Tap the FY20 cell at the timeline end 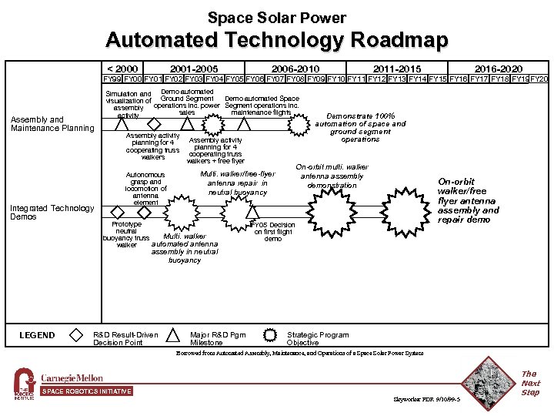[539, 79]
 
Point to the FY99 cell [113, 79]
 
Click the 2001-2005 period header [194, 69]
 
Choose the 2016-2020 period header [499, 69]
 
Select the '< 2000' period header [122, 69]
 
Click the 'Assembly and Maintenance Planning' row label [52, 124]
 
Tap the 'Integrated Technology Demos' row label [52, 212]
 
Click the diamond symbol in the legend [76, 335]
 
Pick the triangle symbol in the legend [174, 335]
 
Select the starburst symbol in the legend [269, 335]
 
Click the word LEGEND [37, 335]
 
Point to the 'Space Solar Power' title [277, 18]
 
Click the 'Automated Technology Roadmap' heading [277, 40]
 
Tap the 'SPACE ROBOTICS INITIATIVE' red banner [86, 391]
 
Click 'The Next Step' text [530, 383]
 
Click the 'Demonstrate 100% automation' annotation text [360, 128]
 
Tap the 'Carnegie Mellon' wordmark [72, 378]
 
